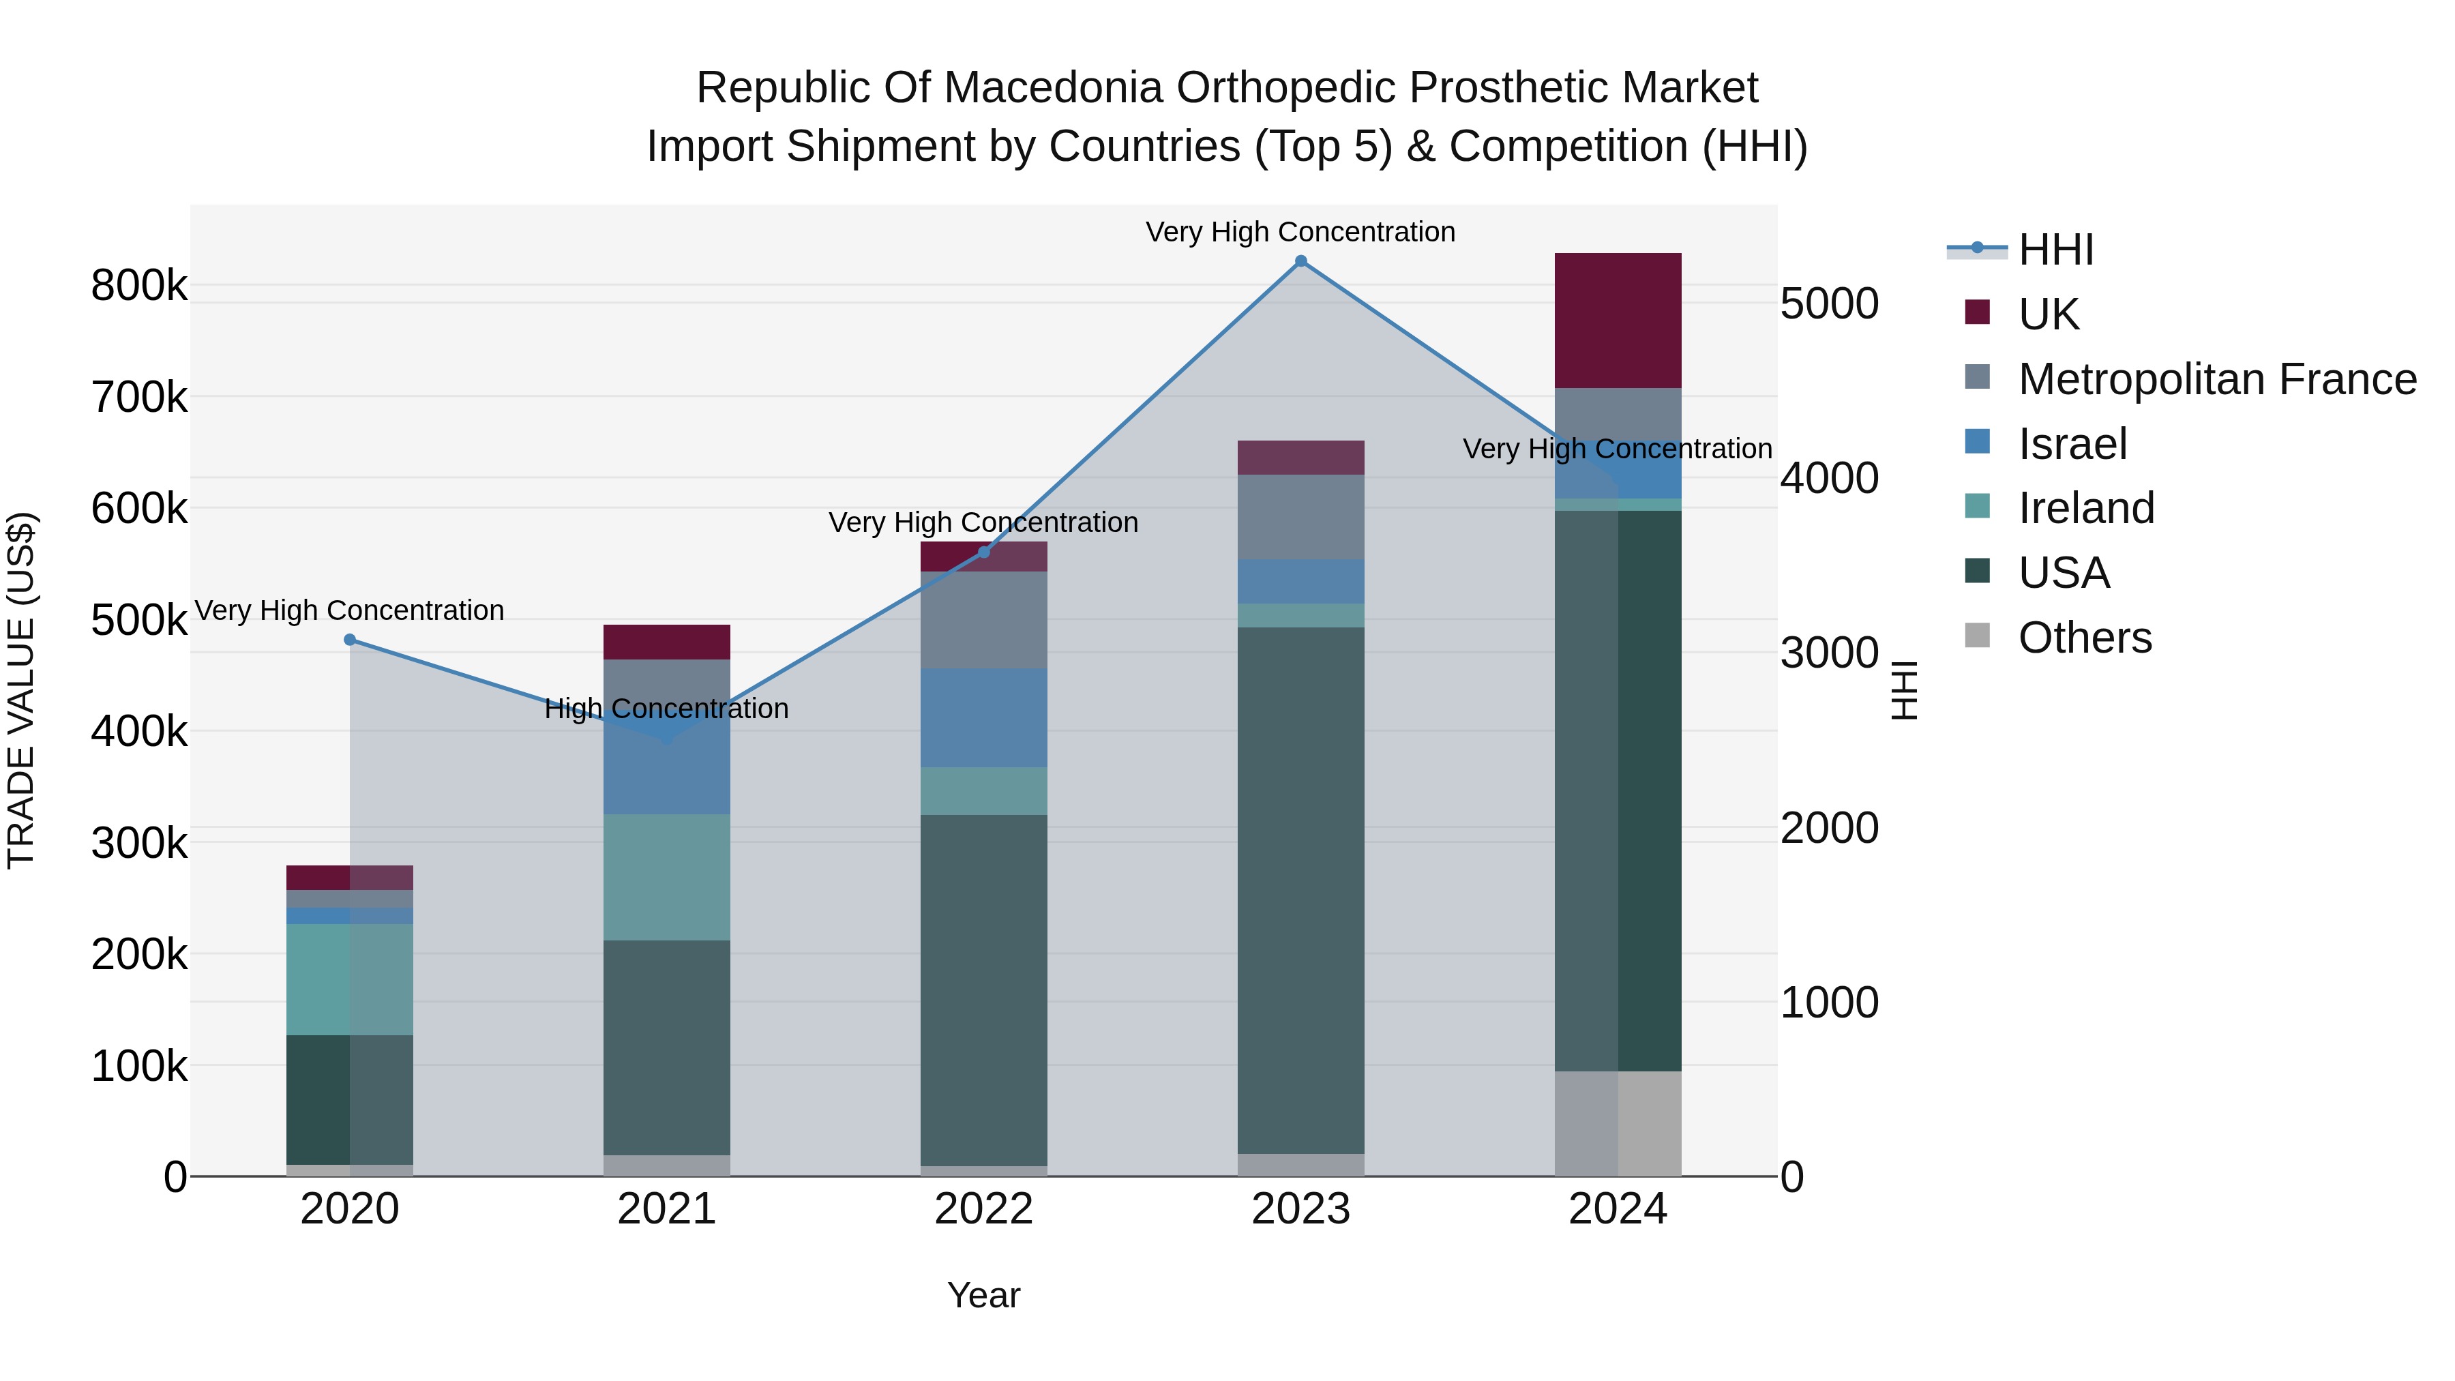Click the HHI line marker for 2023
(1301, 261)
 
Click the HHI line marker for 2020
(350, 640)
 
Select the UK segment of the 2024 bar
(1618, 321)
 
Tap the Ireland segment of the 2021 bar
(666, 877)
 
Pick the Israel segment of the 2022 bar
(983, 717)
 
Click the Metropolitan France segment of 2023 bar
(1301, 516)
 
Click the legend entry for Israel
(2072, 444)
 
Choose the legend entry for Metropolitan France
(2217, 379)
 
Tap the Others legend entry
(2084, 638)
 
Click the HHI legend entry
(2055, 250)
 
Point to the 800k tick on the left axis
(139, 285)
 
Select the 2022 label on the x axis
(983, 1209)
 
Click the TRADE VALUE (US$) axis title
(21, 690)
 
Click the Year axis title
(983, 1295)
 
